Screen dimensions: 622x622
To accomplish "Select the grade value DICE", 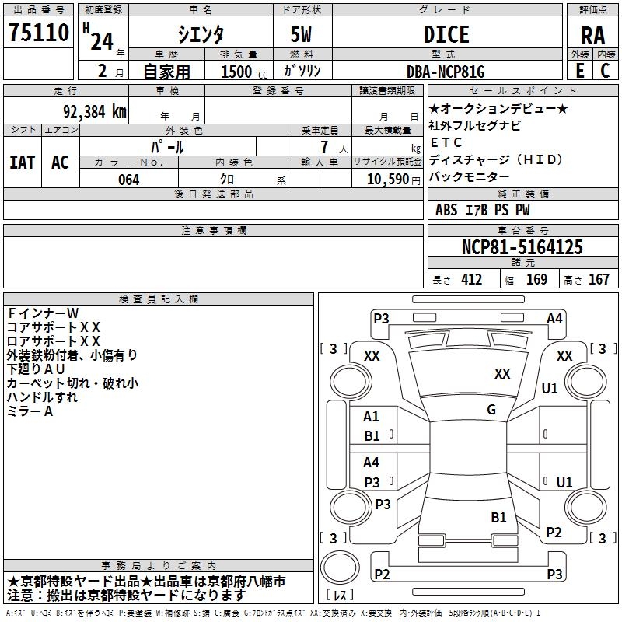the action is tap(446, 35).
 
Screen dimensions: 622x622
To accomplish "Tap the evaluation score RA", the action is tap(592, 36).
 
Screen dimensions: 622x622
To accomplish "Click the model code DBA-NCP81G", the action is tap(446, 72).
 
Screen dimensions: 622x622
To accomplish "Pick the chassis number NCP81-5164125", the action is tap(522, 248).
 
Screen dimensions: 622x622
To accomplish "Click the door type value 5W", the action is tap(302, 35).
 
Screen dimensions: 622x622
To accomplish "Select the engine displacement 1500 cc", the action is tap(239, 72).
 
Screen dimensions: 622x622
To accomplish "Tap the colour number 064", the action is tap(129, 180).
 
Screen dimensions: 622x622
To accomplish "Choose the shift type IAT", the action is tap(22, 162).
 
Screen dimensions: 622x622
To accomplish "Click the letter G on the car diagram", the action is tap(491, 410).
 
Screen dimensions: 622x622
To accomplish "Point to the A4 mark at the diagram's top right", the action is tap(554, 319).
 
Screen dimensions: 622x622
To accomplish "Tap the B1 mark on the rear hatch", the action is tap(498, 517).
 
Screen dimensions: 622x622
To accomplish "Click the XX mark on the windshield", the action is tap(502, 374).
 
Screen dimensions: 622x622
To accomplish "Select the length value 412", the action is tap(471, 280).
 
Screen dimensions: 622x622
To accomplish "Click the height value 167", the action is tap(599, 280).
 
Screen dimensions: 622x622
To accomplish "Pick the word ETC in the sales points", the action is tap(446, 142).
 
